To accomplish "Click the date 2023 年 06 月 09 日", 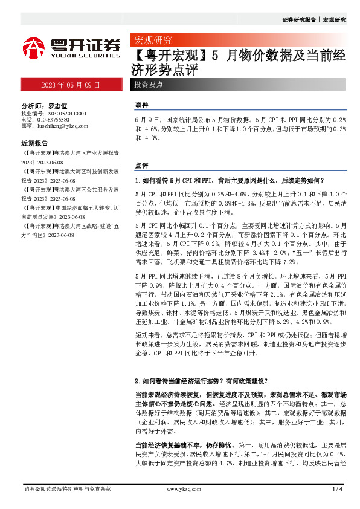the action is pyautogui.click(x=71, y=85).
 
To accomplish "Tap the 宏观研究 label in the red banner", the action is pyautogui.click(x=153, y=41).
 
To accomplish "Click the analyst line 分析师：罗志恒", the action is pyautogui.click(x=43, y=105).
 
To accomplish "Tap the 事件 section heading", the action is pyautogui.click(x=141, y=105).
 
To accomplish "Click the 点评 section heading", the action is pyautogui.click(x=141, y=165).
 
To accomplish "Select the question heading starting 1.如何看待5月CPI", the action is pyautogui.click(x=230, y=180).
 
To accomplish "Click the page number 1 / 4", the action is pyautogui.click(x=338, y=488).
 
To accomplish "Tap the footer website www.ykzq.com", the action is pyautogui.click(x=181, y=488).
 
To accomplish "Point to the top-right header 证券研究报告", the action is pyautogui.click(x=299, y=20).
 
